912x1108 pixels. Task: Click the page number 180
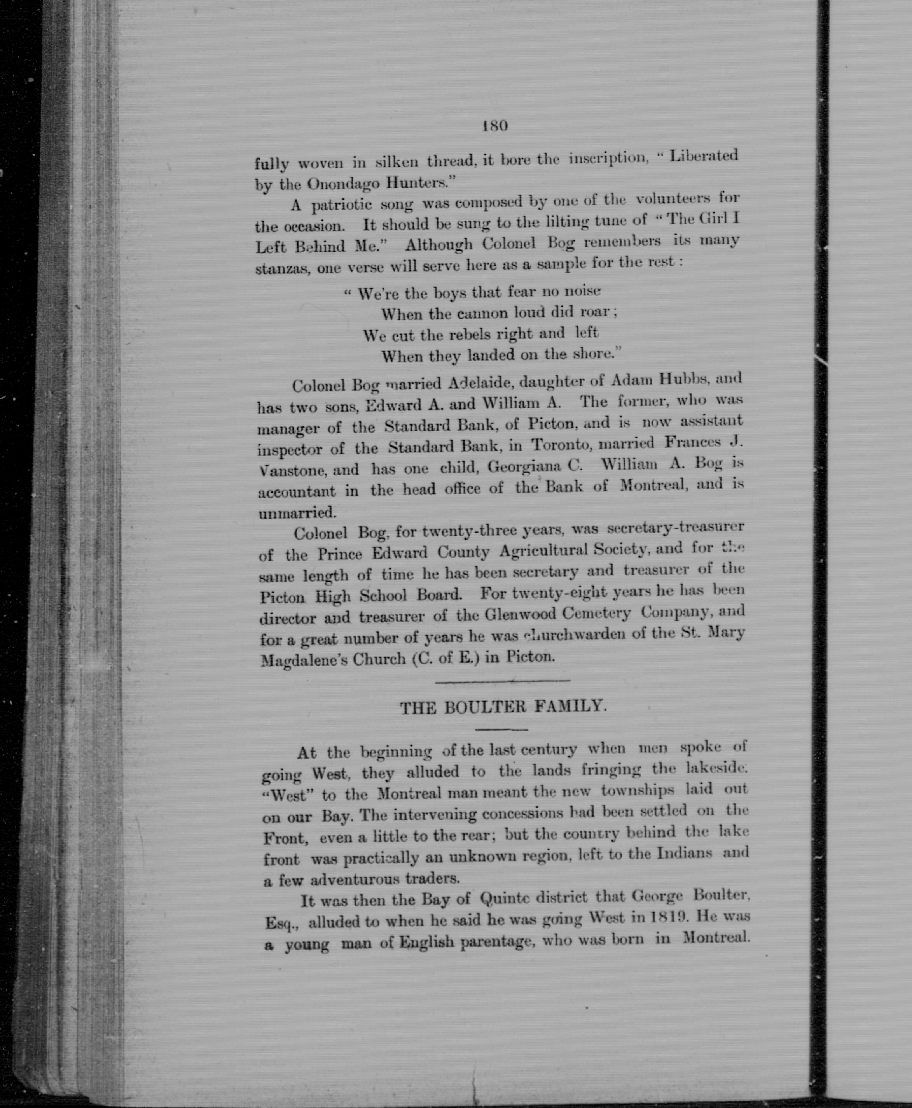(x=494, y=126)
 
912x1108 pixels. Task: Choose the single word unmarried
(x=296, y=512)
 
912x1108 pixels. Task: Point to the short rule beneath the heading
(x=501, y=729)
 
